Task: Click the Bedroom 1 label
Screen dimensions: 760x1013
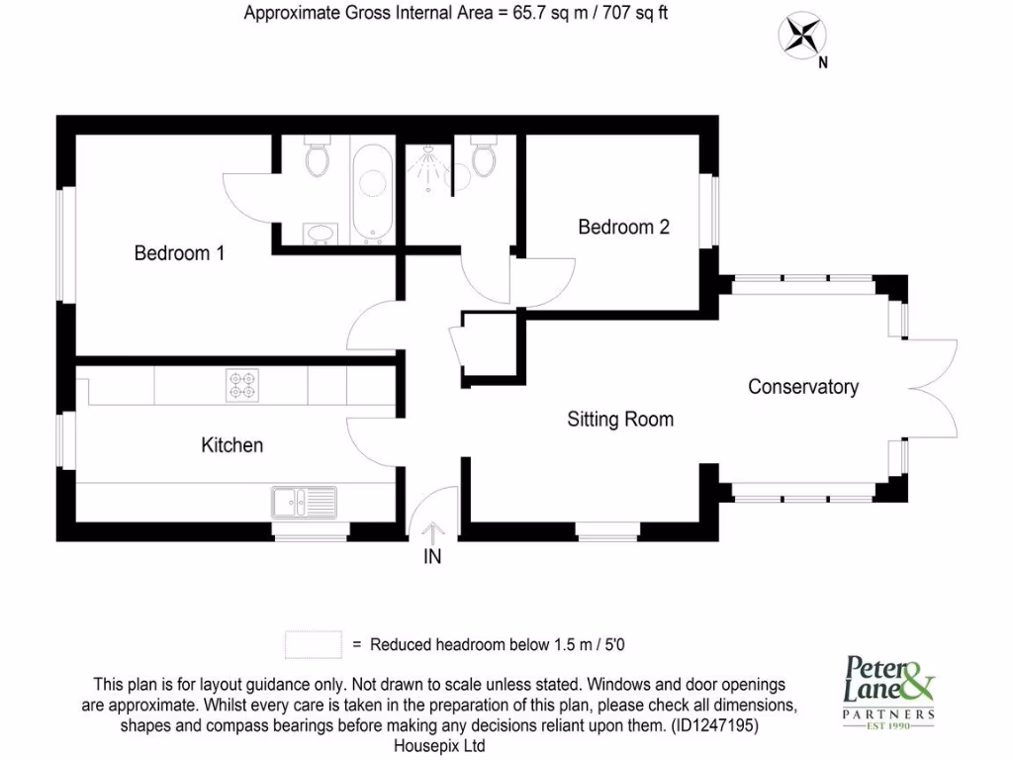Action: click(x=179, y=253)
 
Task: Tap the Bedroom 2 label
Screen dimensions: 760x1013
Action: click(x=623, y=228)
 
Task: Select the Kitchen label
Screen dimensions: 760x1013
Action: click(x=232, y=445)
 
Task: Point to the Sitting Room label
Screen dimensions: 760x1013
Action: click(x=620, y=420)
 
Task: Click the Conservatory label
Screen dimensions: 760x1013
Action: click(x=802, y=387)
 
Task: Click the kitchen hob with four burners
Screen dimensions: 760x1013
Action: click(x=241, y=384)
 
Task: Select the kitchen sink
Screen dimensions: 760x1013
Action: click(x=304, y=503)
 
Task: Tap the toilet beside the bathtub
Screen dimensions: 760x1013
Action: click(x=317, y=156)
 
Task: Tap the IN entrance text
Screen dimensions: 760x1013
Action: click(x=432, y=557)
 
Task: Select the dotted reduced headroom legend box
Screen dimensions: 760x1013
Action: click(x=313, y=644)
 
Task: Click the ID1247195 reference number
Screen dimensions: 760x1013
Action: click(x=714, y=725)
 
